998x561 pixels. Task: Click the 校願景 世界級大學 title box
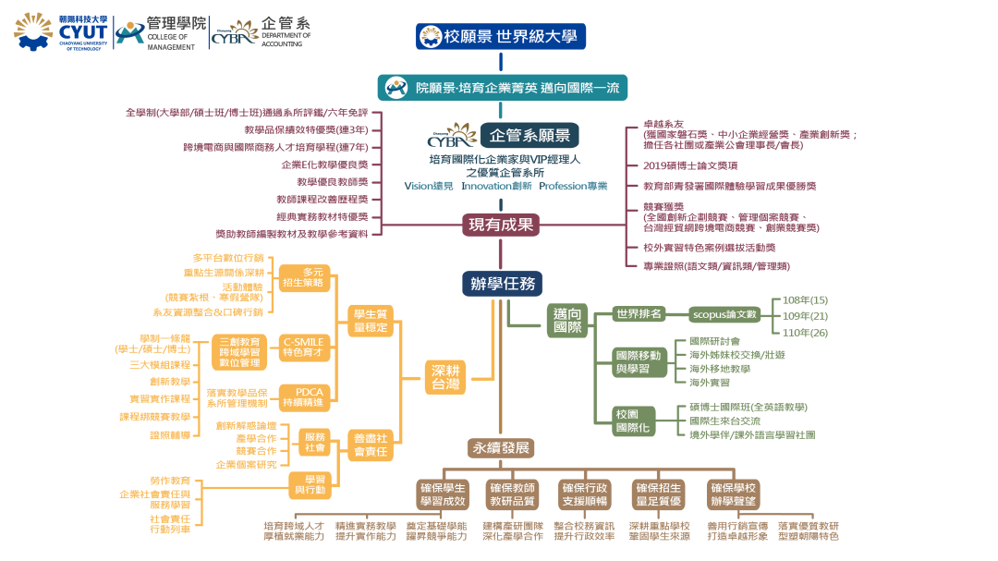pos(500,37)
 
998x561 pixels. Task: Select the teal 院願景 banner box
pos(503,88)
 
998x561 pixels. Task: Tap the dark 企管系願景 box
pos(529,136)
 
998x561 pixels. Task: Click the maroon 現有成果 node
pos(500,225)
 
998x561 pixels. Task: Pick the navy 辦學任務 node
pos(502,284)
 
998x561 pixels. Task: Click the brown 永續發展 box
pos(502,448)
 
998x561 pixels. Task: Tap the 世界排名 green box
pos(639,314)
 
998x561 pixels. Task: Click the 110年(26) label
pos(805,332)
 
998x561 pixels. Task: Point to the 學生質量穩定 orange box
pos(369,319)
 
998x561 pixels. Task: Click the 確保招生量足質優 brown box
pos(659,494)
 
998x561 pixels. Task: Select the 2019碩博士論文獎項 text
pos(690,165)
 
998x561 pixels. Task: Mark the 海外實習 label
pos(709,382)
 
